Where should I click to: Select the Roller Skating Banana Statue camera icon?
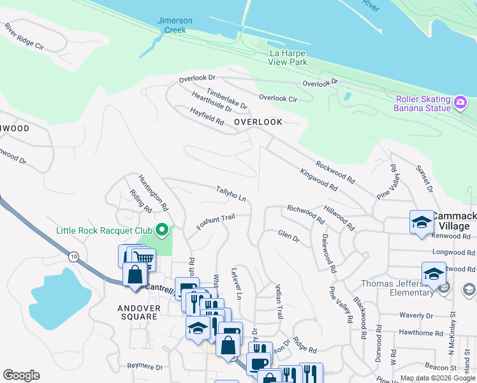460,102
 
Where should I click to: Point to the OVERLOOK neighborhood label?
258,121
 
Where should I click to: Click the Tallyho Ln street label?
231,194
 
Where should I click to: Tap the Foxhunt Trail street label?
216,222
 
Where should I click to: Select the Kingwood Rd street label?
318,179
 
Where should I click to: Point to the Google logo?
21,375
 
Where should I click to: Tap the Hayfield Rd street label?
207,116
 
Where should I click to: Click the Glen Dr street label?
288,236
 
